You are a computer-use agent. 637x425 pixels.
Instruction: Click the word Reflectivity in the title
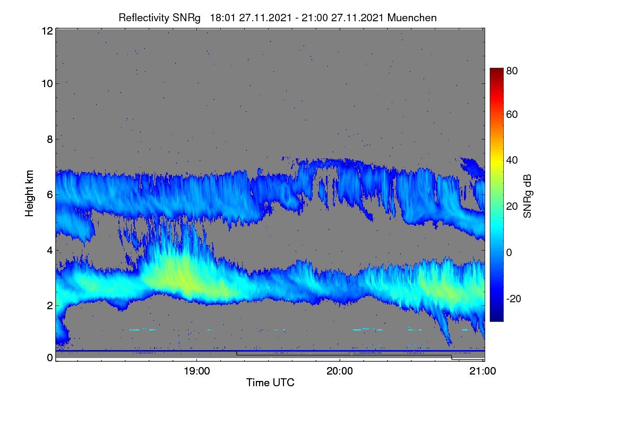tap(144, 18)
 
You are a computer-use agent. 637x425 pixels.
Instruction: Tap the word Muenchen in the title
tap(412, 18)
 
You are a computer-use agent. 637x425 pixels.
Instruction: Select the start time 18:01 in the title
tap(222, 18)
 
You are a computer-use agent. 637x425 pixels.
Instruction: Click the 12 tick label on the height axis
tap(47, 31)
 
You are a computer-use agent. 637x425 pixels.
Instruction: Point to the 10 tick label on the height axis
tap(47, 84)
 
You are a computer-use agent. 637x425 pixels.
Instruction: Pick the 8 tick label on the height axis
tap(50, 139)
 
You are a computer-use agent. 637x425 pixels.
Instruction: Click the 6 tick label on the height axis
tap(50, 195)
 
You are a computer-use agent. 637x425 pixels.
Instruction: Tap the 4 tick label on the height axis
tap(50, 251)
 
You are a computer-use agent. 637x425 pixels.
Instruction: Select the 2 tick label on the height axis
tap(50, 305)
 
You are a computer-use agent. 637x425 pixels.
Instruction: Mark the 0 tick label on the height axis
tap(50, 358)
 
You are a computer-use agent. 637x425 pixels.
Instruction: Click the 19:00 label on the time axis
tap(196, 371)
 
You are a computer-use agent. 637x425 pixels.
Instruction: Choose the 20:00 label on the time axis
tap(340, 371)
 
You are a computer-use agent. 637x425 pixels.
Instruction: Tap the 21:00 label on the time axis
tap(483, 371)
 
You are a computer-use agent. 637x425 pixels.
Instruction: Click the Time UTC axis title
tap(270, 382)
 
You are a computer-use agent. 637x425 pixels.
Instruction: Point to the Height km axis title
tap(29, 193)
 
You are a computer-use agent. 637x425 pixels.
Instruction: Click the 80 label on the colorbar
tap(512, 71)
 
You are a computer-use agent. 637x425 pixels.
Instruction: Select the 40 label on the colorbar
tap(512, 160)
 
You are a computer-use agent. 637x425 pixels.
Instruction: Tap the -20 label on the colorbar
tap(514, 299)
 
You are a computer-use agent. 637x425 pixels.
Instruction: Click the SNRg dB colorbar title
tap(528, 196)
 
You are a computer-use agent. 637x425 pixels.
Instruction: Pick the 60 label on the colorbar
tap(512, 114)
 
